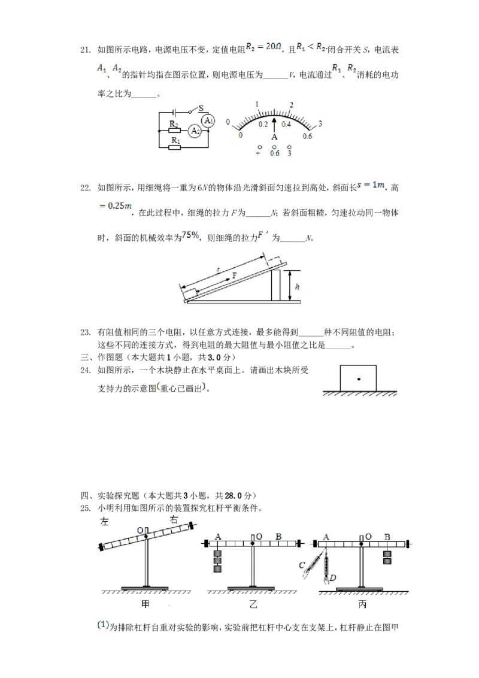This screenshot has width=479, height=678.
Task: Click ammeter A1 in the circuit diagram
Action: (x=208, y=120)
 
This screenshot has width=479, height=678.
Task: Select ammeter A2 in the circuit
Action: (x=195, y=131)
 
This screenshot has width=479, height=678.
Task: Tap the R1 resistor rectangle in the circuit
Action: (x=175, y=147)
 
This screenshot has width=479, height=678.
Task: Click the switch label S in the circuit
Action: (x=201, y=108)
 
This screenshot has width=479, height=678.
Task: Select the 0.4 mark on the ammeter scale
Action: (x=286, y=125)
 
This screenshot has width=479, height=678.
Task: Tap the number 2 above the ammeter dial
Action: (x=292, y=105)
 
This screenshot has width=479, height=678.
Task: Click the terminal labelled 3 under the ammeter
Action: (x=289, y=150)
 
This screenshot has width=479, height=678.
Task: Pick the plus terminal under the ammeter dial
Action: (x=259, y=150)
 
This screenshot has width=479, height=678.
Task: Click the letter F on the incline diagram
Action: (x=235, y=276)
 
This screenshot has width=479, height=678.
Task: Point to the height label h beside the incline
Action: (x=298, y=287)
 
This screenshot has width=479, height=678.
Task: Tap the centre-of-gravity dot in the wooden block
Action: (x=359, y=379)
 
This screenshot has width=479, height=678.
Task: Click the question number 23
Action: (x=85, y=332)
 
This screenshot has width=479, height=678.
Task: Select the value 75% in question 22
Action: (x=190, y=235)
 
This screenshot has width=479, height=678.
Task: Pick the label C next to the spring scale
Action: (x=302, y=565)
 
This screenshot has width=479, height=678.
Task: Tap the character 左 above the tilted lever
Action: (x=104, y=522)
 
